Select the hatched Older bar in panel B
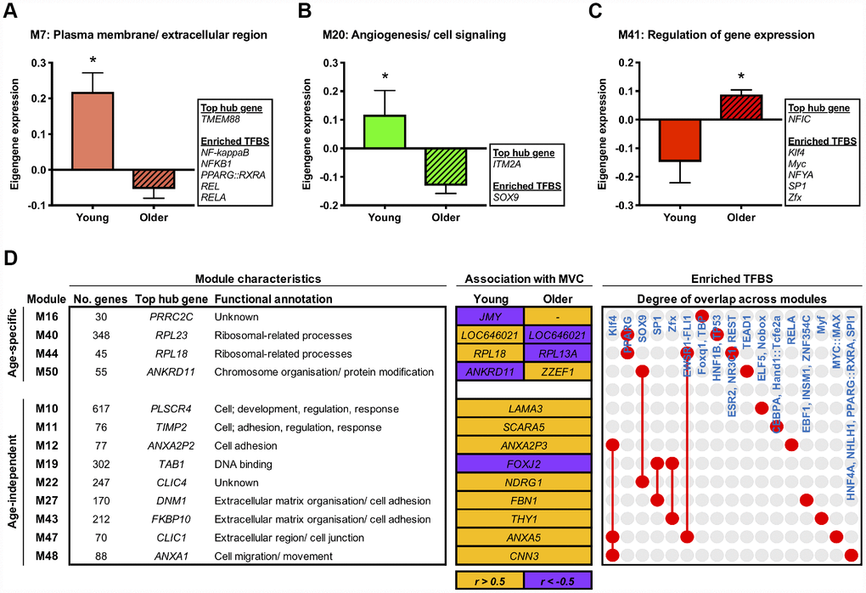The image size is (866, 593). [x=447, y=167]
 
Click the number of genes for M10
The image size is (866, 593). [x=88, y=409]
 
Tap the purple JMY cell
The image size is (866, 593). [x=490, y=316]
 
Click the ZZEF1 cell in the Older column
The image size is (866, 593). [x=556, y=372]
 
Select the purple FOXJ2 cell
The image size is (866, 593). [x=523, y=464]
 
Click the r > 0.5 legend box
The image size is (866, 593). [x=490, y=579]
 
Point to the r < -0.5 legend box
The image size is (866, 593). [x=557, y=579]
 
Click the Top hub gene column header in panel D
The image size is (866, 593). [x=166, y=298]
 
